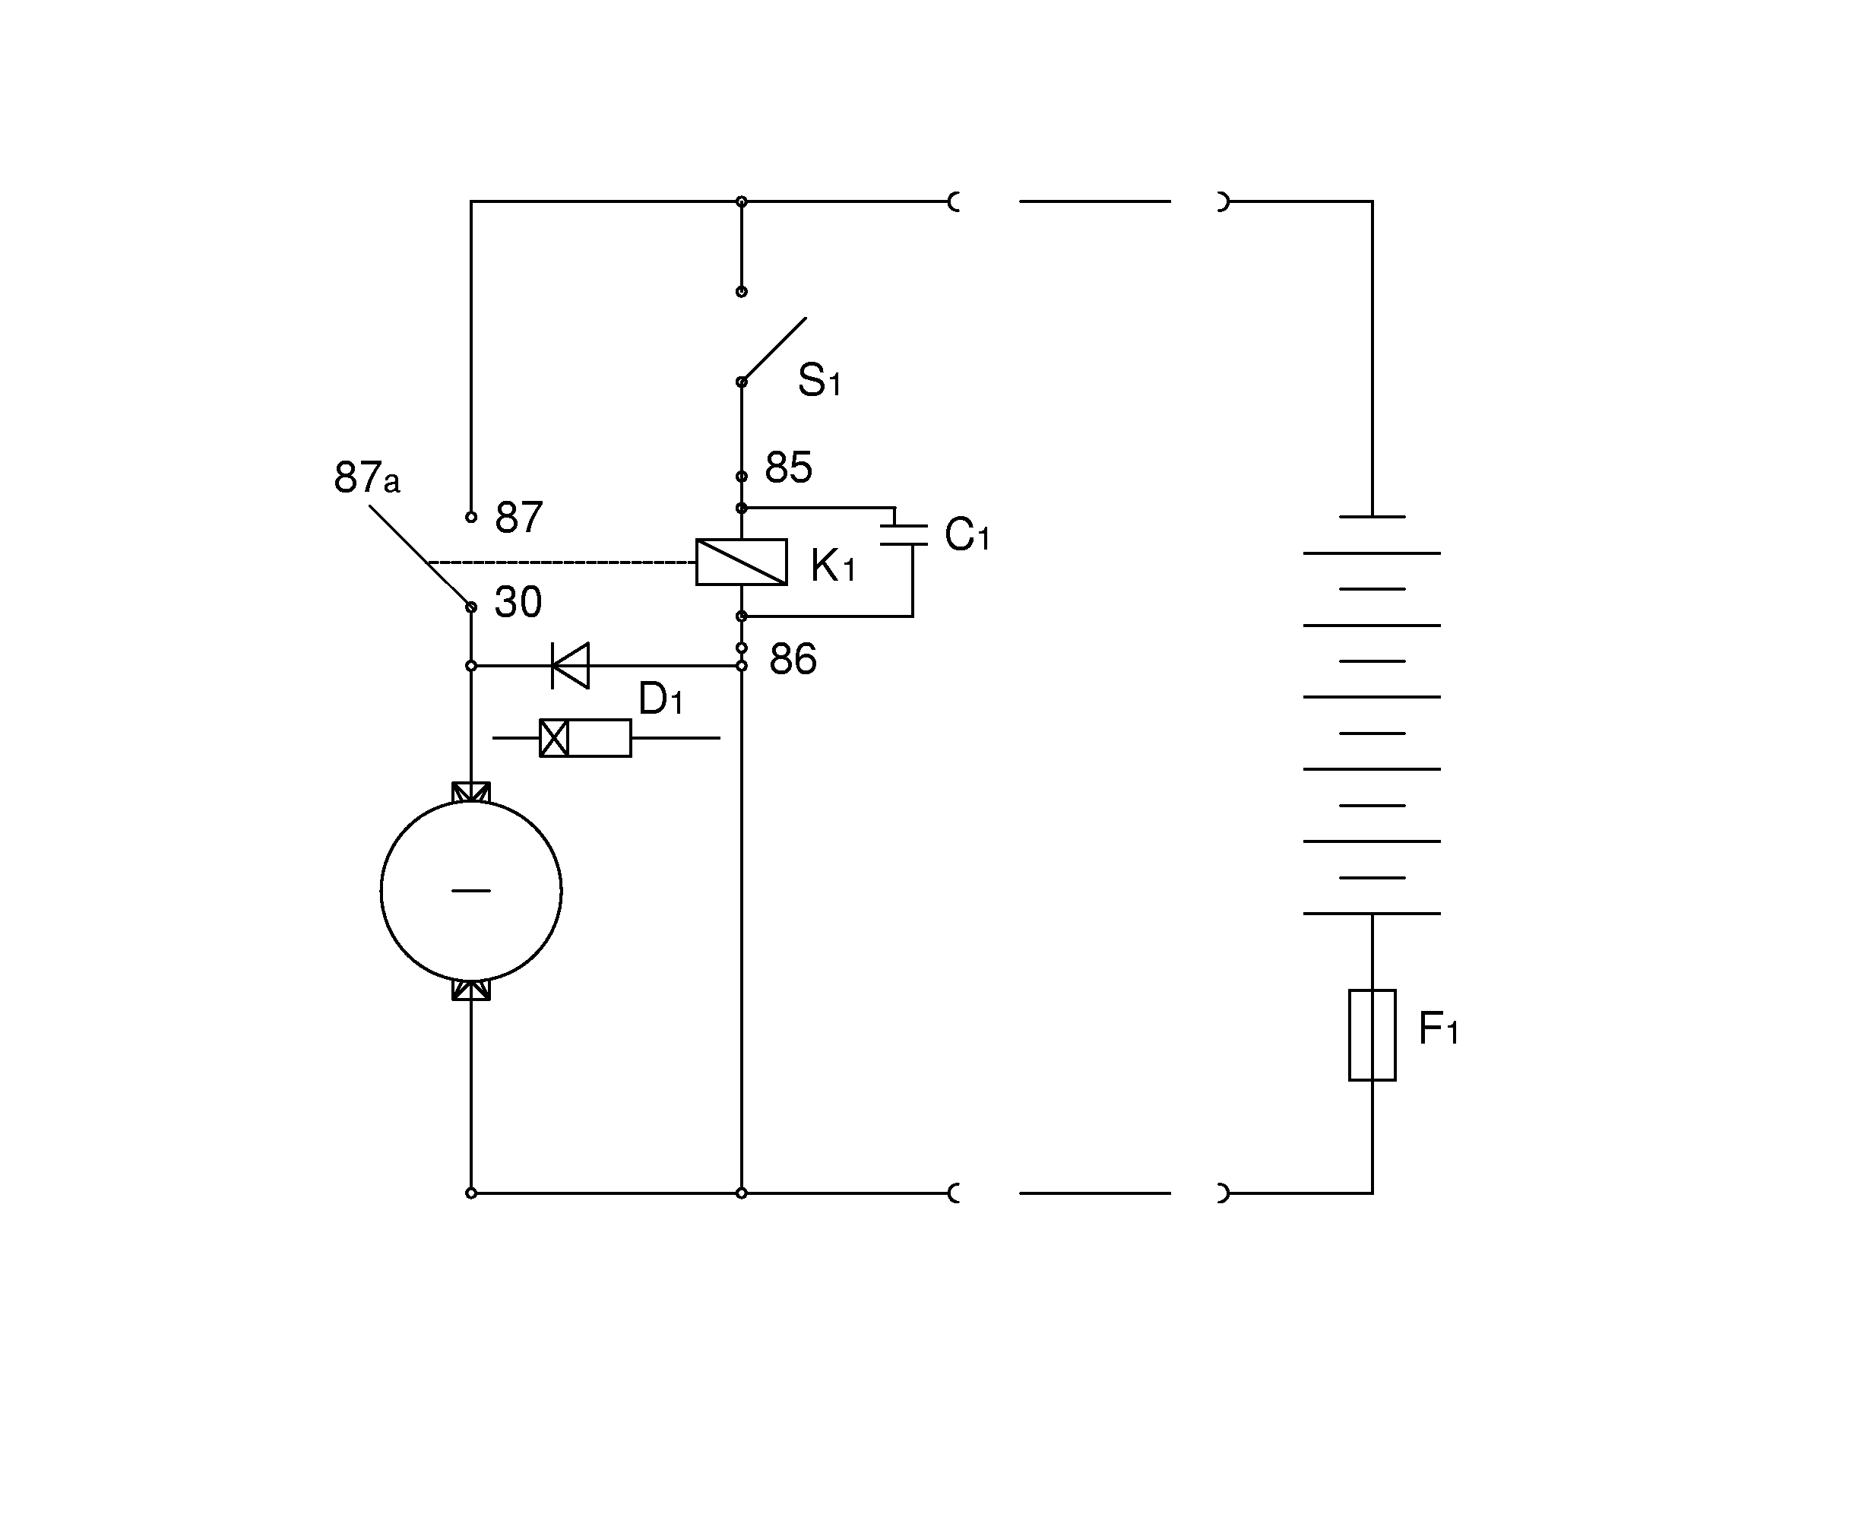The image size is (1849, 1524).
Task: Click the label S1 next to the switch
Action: point(818,380)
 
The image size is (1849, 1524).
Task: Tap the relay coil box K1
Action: point(741,562)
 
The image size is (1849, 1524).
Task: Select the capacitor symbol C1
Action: point(904,536)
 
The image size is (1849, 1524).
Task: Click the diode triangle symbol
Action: point(571,665)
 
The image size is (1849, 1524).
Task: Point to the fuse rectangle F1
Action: point(1372,1035)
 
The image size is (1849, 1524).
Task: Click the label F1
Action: point(1437,1029)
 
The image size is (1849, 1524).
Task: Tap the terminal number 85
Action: point(788,468)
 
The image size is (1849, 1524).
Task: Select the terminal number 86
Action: point(793,659)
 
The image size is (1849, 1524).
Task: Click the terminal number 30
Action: point(518,602)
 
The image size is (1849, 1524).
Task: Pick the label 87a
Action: point(367,478)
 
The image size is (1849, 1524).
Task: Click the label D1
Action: point(660,699)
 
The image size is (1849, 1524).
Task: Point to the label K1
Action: point(832,566)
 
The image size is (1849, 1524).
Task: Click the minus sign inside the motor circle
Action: point(471,891)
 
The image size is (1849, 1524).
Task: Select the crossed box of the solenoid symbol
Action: point(554,738)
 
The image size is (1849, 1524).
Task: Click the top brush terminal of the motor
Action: point(471,792)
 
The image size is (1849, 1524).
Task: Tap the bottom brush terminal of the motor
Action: point(471,990)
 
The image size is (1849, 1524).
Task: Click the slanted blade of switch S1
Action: point(773,350)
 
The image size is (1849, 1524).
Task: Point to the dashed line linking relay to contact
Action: point(562,562)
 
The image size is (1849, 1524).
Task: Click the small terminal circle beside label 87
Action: point(471,517)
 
